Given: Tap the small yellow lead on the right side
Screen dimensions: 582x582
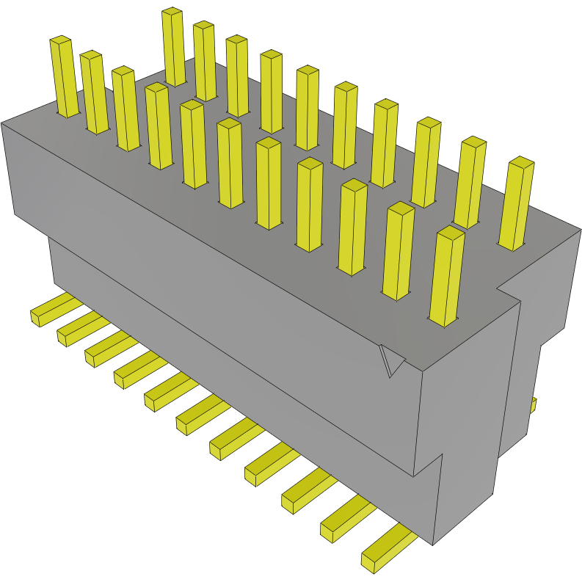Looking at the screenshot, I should pos(534,404).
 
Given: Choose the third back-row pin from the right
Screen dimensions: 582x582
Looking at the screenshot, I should pos(426,162).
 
